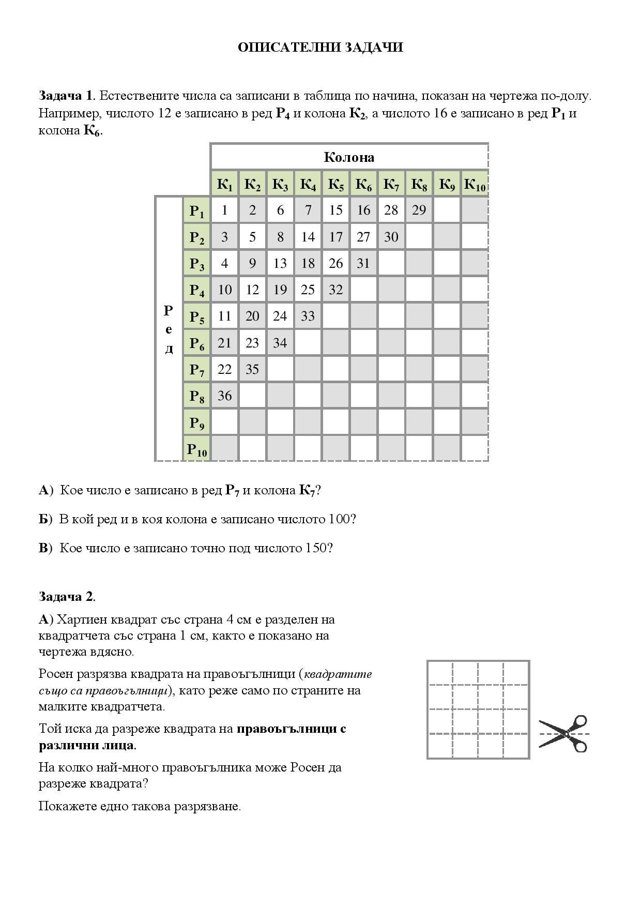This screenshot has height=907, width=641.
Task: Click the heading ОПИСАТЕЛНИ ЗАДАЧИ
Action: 320,48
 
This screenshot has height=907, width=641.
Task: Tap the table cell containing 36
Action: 224,396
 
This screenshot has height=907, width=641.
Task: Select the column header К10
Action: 475,184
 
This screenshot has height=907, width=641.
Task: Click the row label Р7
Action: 197,370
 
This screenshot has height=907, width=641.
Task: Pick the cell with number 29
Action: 419,210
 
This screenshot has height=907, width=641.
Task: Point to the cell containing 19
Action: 280,290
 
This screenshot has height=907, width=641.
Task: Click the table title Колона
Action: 349,157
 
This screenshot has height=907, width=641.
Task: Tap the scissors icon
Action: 563,733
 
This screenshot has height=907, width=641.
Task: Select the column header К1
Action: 224,184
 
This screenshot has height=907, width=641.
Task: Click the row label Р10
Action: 197,449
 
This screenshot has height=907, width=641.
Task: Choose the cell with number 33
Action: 308,316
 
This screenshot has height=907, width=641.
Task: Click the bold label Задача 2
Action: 66,596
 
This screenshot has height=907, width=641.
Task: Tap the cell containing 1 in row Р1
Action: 224,210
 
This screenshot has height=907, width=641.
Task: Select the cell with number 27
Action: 363,237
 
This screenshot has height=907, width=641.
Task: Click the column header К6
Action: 363,184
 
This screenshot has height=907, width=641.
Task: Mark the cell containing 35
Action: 252,369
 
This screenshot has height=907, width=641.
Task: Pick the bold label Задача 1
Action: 66,96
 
